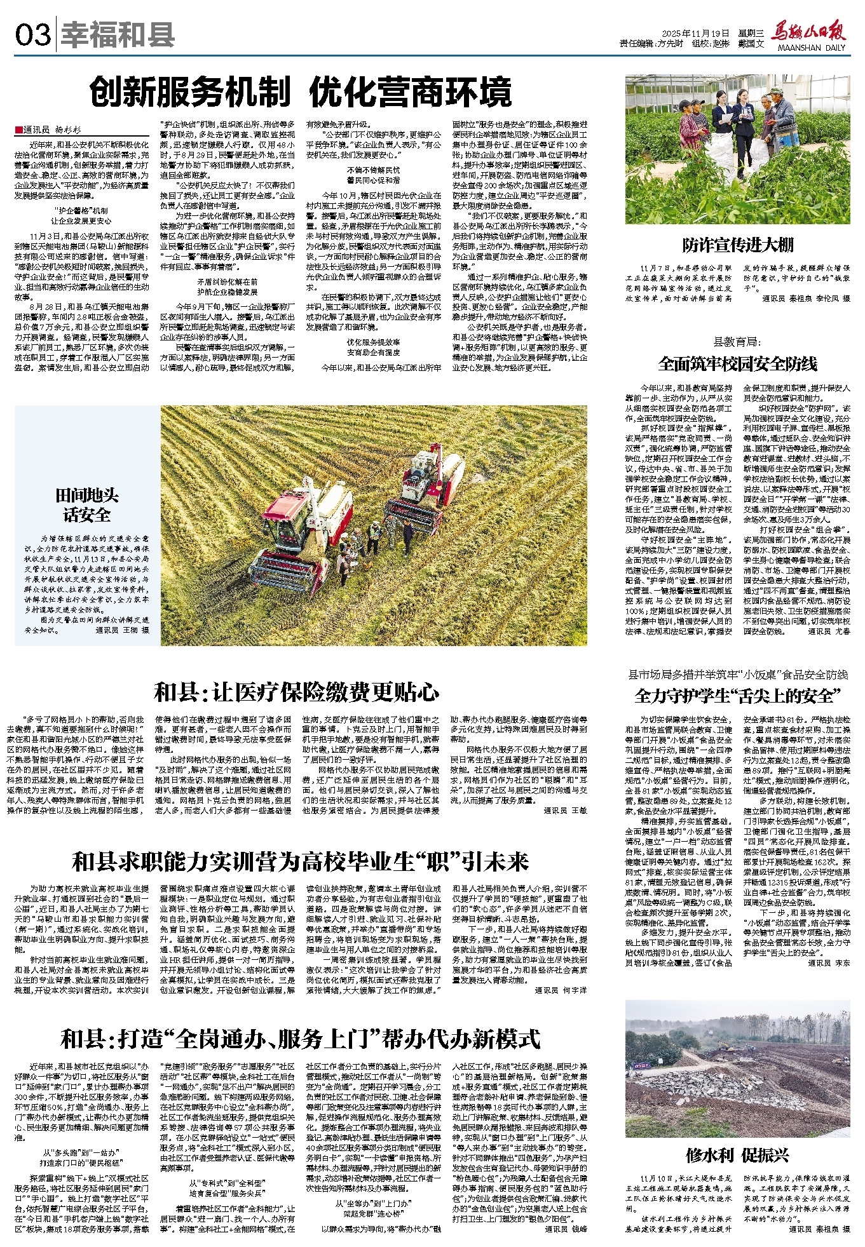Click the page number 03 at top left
32,34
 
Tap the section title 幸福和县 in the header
118,34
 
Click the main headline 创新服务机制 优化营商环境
301,93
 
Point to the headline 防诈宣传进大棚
737,245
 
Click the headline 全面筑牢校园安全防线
737,364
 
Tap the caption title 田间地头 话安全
87,505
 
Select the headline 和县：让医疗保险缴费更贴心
297,692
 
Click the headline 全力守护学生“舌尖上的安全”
737,696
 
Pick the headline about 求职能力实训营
300,861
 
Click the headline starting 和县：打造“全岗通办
300,1039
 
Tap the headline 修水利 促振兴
737,1155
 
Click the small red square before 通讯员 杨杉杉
18,130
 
